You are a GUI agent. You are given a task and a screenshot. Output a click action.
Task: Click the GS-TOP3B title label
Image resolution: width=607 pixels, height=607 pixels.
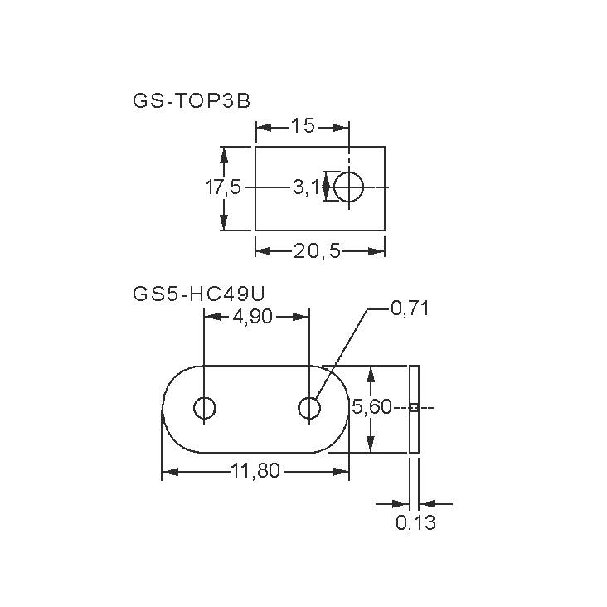pyautogui.click(x=191, y=100)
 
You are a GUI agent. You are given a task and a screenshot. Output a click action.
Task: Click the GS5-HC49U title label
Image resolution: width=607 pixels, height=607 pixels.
pyautogui.click(x=198, y=293)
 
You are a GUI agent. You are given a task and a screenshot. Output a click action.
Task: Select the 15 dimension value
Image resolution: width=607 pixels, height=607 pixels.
pyautogui.click(x=303, y=126)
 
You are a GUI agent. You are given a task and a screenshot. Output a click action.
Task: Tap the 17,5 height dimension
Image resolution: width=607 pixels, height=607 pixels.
pyautogui.click(x=222, y=187)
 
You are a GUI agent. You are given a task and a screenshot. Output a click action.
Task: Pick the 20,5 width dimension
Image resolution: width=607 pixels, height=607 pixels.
pyautogui.click(x=317, y=250)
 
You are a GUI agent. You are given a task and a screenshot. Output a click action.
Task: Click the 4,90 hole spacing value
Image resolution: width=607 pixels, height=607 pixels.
pyautogui.click(x=253, y=316)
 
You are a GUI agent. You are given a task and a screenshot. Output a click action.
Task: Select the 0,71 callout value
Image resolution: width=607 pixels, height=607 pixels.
pyautogui.click(x=410, y=309)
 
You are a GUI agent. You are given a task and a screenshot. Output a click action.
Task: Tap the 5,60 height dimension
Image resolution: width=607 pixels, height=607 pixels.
pyautogui.click(x=371, y=407)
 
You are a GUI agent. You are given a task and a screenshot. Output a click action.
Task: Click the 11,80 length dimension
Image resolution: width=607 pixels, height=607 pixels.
pyautogui.click(x=255, y=472)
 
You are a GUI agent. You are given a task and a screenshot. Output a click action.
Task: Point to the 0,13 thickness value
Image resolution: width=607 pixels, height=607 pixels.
pyautogui.click(x=415, y=523)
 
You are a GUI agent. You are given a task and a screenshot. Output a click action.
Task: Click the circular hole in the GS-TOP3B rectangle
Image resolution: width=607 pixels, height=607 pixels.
pyautogui.click(x=349, y=187)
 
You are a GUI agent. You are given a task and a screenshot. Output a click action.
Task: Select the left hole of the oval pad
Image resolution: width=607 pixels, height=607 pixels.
pyautogui.click(x=204, y=408)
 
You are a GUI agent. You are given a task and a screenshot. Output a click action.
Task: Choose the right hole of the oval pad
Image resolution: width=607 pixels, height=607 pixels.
pyautogui.click(x=309, y=408)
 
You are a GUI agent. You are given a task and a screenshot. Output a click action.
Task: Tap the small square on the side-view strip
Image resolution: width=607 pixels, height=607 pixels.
pyautogui.click(x=415, y=407)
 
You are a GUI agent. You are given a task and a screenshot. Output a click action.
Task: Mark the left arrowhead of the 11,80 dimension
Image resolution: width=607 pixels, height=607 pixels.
pyautogui.click(x=168, y=472)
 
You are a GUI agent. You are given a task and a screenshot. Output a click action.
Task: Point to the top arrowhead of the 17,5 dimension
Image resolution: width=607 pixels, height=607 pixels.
pyautogui.click(x=223, y=153)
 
